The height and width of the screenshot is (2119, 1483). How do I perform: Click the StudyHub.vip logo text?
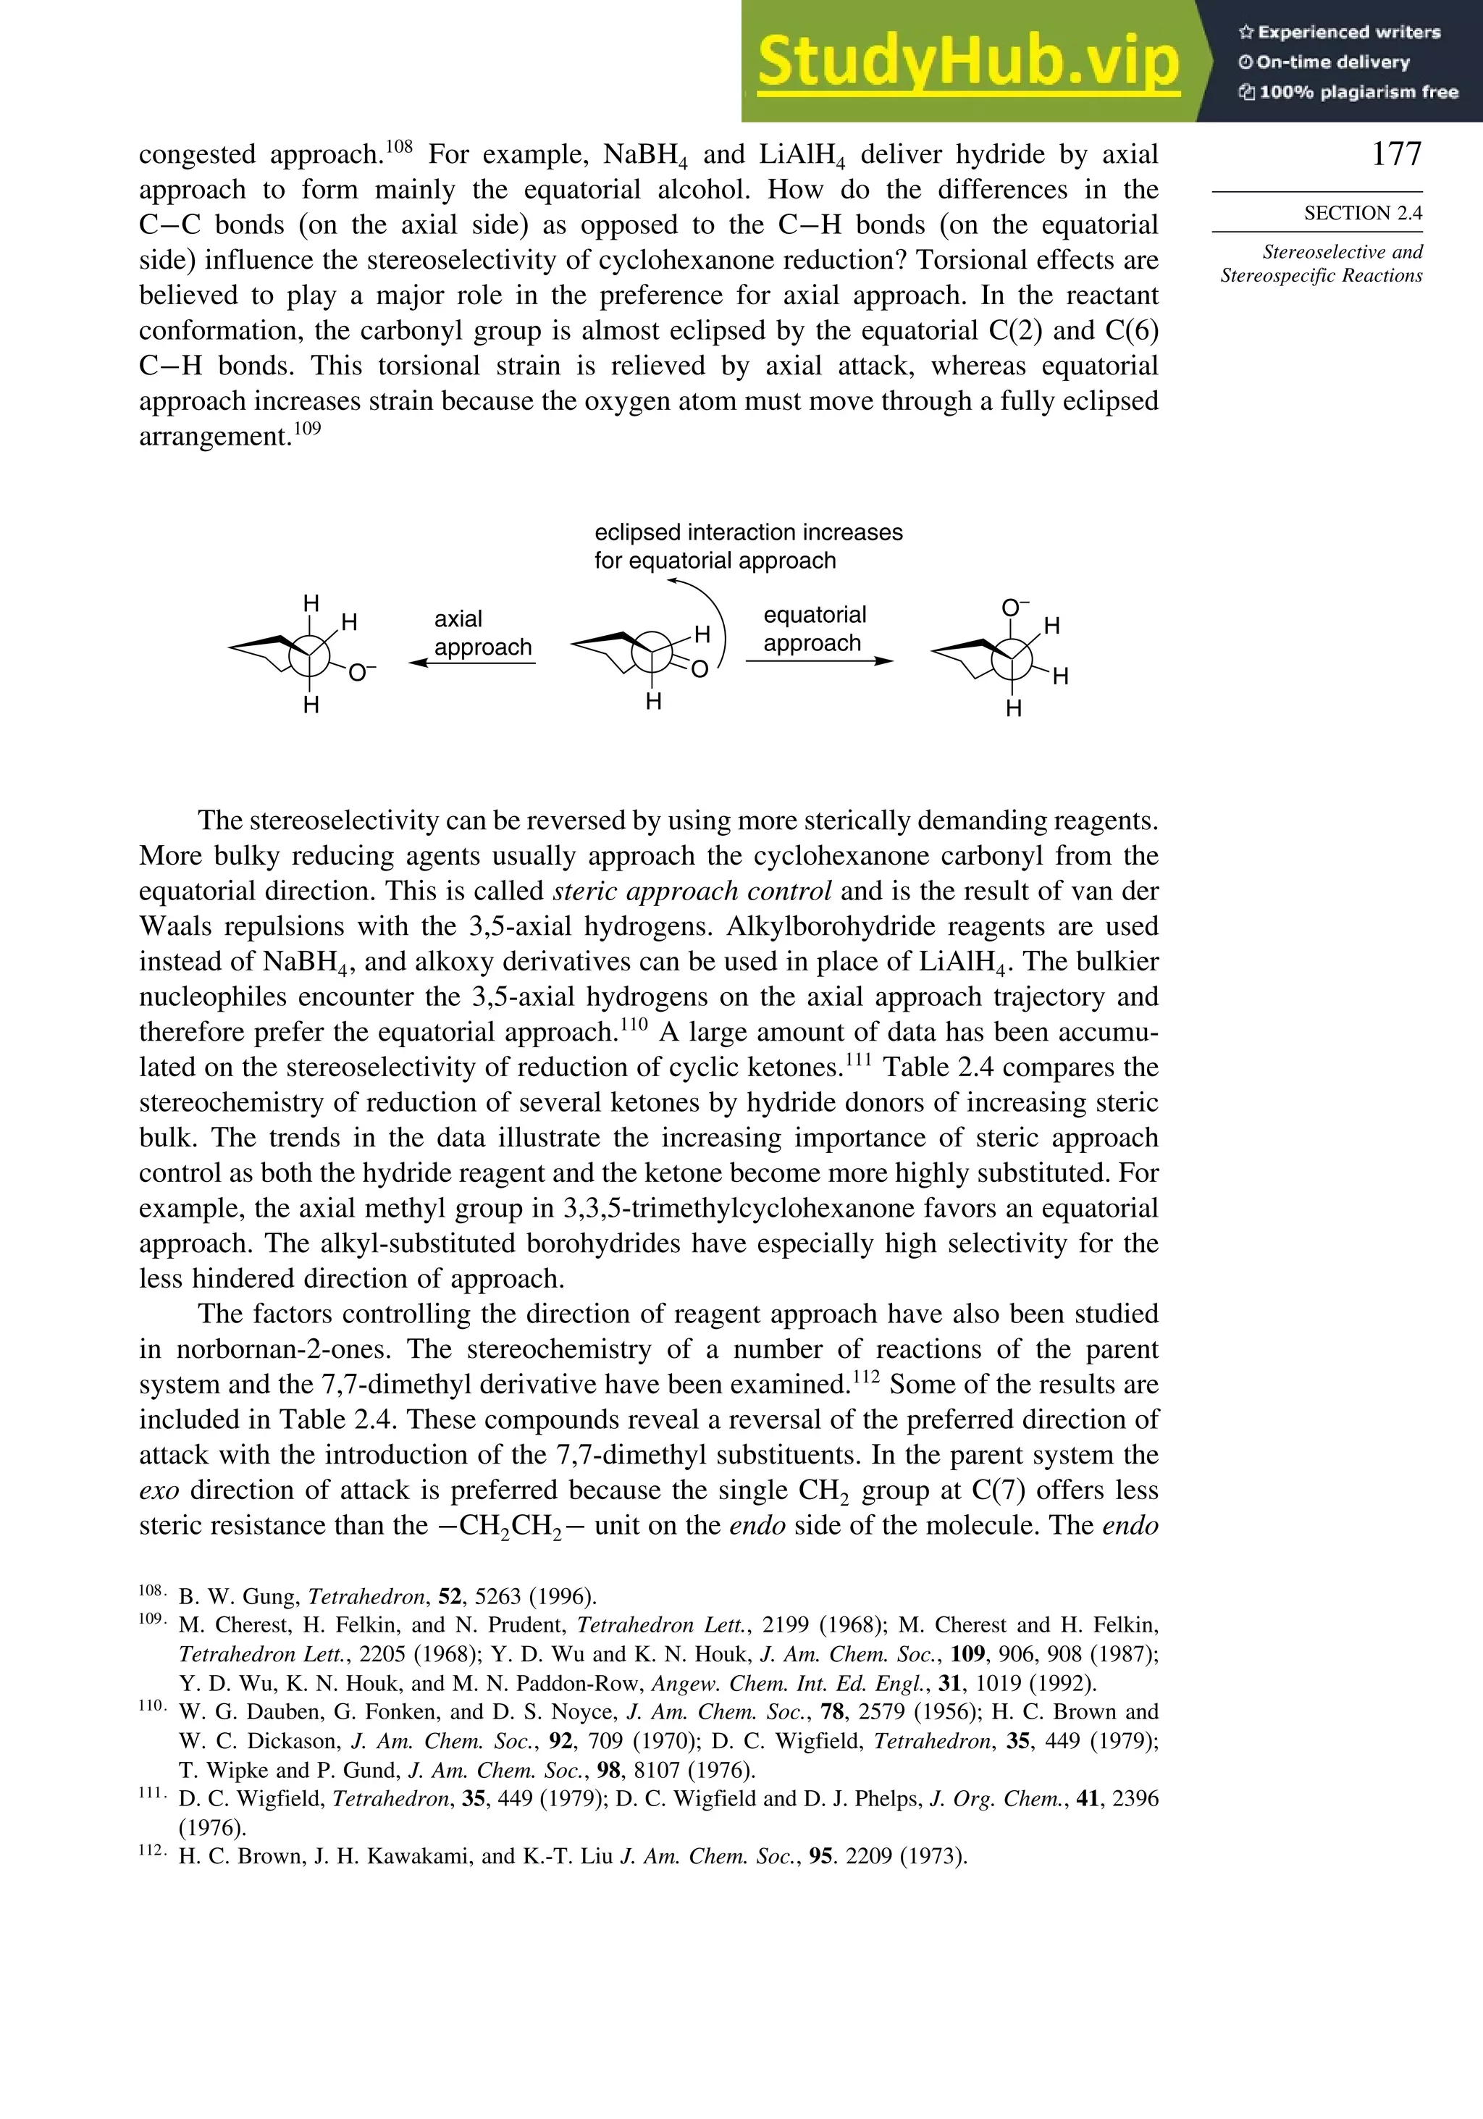click(x=968, y=61)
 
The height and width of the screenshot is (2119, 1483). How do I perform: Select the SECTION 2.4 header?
click(x=1362, y=213)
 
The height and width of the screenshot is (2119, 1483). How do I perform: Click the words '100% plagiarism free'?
click(x=1358, y=92)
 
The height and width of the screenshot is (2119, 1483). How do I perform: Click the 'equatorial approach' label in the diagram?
click(x=814, y=629)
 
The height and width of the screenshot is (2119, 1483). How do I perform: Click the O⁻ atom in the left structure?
click(x=360, y=674)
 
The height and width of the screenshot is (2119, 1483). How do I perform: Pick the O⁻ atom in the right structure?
click(x=1014, y=608)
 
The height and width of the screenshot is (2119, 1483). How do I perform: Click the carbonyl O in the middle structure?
click(x=700, y=669)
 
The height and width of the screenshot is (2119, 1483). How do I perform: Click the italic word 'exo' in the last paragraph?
click(x=159, y=1490)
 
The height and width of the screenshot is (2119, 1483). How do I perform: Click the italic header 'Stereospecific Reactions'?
click(x=1321, y=276)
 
